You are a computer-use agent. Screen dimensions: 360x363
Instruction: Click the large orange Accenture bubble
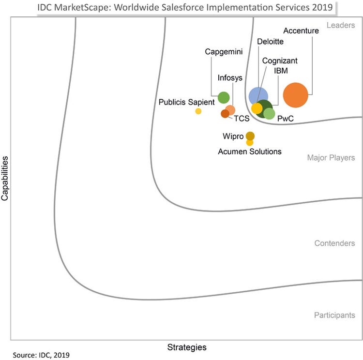tap(296, 95)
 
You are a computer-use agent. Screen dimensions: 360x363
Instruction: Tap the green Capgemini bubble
tap(224, 98)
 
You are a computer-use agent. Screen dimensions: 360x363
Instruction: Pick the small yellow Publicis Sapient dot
tap(198, 111)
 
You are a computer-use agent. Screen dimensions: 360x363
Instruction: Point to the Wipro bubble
tap(250, 136)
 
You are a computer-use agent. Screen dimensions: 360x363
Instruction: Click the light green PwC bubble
tap(269, 114)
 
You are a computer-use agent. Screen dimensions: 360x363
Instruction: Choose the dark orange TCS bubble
tap(225, 114)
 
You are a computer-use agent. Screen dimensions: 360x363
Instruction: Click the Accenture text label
tap(301, 31)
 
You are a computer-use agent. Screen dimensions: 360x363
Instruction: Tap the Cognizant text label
tap(280, 61)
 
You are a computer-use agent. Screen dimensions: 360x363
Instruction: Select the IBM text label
tap(282, 71)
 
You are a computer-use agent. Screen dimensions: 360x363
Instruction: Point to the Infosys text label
tap(230, 77)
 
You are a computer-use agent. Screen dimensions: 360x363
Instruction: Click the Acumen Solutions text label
tap(250, 151)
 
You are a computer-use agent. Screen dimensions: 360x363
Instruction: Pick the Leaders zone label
tap(341, 25)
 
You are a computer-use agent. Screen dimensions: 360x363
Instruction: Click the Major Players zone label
tap(331, 158)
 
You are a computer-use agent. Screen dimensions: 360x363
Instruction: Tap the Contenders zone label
tap(334, 243)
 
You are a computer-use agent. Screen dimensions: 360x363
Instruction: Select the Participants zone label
tap(334, 315)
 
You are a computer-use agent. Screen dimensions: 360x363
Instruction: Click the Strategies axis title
tap(187, 347)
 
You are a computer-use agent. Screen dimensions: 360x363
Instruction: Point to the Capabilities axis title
tap(5, 178)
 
